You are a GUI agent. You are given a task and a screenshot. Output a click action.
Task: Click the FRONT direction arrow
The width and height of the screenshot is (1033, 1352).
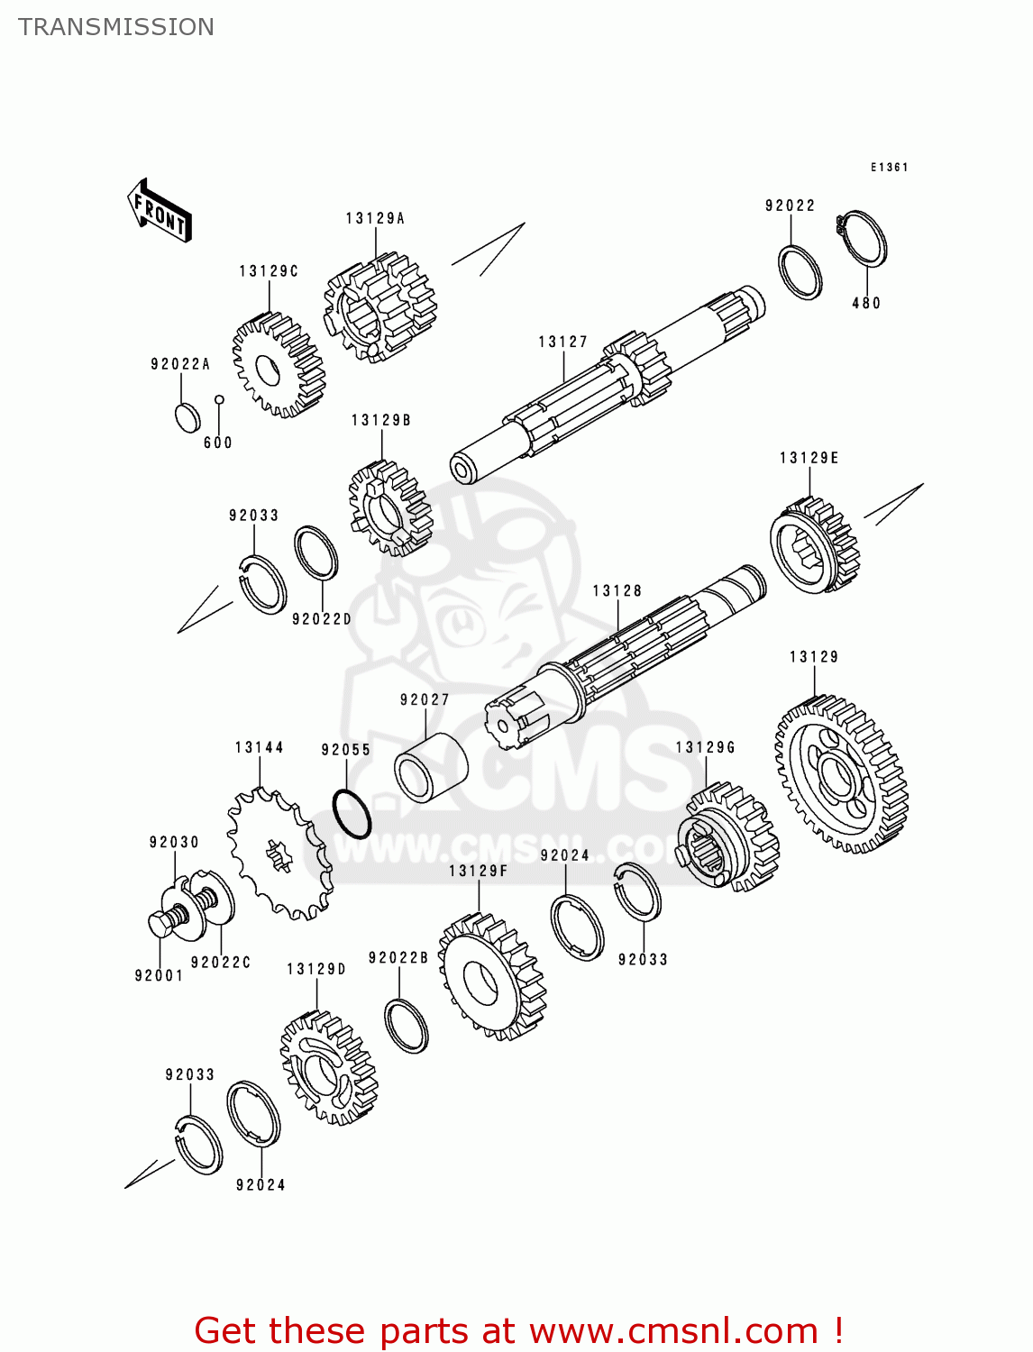[x=160, y=211]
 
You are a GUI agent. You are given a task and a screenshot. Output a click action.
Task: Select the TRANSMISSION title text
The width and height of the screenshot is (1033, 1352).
[x=116, y=27]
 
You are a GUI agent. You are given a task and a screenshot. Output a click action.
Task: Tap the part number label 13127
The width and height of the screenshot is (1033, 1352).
[x=562, y=342]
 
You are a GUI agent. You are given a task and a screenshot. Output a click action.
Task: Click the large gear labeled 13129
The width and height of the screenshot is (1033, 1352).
[x=841, y=776]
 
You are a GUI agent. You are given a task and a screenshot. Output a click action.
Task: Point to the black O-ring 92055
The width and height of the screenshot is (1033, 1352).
[x=352, y=814]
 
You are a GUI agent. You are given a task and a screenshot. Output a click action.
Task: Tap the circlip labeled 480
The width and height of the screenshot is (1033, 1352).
[x=865, y=239]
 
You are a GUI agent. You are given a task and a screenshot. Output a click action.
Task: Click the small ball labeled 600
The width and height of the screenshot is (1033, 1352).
[x=218, y=399]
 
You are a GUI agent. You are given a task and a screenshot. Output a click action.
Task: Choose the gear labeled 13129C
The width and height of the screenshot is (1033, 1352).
[x=278, y=366]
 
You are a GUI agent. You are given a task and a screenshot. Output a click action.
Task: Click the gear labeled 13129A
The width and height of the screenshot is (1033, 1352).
[x=380, y=307]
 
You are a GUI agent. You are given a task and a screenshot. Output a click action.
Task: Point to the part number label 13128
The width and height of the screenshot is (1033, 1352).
[x=617, y=591]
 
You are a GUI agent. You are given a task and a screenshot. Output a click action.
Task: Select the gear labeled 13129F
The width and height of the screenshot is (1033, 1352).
[x=491, y=977]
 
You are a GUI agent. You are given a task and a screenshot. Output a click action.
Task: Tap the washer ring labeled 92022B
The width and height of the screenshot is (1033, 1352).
[x=406, y=1026]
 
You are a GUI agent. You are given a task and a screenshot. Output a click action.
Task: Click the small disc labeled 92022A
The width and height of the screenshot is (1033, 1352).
[x=187, y=418]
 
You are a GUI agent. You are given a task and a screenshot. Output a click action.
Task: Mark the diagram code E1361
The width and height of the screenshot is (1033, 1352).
[x=889, y=168]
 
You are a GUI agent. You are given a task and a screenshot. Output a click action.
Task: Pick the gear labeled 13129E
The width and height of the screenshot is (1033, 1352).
[x=814, y=546]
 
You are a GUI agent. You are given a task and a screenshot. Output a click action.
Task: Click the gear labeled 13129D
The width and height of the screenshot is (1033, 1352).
[x=327, y=1068]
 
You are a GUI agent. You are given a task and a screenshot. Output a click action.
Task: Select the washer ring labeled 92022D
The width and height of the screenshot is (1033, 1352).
[x=316, y=553]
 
